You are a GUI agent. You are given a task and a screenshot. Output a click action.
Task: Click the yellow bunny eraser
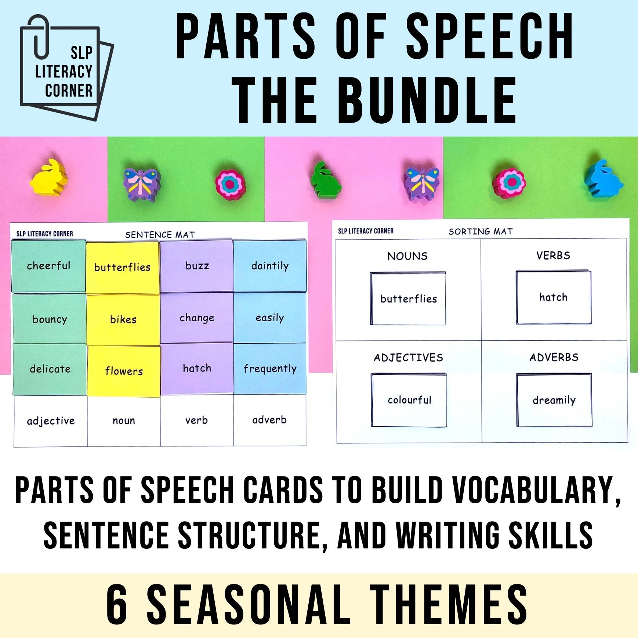tap(49, 177)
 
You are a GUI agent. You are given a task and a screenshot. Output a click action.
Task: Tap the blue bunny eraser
tap(603, 178)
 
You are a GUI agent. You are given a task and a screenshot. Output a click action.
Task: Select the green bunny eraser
tap(325, 181)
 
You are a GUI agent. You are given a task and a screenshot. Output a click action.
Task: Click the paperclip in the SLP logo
tap(40, 37)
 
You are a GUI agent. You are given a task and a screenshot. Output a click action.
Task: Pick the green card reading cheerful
tap(48, 266)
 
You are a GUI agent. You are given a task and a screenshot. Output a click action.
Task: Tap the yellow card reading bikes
tap(123, 319)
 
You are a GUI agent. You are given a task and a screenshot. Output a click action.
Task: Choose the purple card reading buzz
tap(197, 266)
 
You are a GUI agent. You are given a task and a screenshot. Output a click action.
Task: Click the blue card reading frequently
tap(270, 369)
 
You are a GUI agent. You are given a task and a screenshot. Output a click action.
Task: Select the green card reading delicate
tap(50, 369)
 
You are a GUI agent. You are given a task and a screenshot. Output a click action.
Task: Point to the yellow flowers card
tap(124, 371)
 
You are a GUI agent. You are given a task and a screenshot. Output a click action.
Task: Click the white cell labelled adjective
tap(51, 421)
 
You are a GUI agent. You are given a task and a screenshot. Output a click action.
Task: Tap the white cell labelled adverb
tap(269, 420)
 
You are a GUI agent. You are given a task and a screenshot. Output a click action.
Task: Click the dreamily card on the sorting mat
tap(554, 400)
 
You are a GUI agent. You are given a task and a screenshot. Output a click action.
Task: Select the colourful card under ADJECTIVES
tap(409, 400)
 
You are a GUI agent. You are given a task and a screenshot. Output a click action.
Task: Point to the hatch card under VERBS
tap(553, 297)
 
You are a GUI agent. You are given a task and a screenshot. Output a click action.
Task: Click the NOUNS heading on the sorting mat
tap(407, 256)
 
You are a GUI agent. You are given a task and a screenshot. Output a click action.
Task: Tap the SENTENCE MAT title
tap(160, 235)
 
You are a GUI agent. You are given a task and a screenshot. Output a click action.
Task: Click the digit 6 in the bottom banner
tap(117, 604)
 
